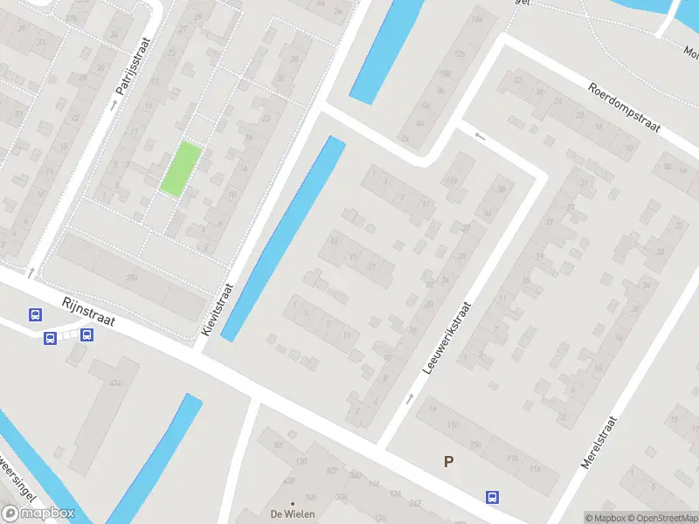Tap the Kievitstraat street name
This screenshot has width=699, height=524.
(218, 310)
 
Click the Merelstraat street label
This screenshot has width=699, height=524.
(599, 444)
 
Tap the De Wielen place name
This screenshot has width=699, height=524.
(292, 514)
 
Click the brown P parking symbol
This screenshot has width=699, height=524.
(448, 462)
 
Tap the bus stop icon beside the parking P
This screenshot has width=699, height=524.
(493, 497)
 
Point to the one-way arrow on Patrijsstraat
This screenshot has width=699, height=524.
(113, 105)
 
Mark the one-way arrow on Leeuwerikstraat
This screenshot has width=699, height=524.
(410, 399)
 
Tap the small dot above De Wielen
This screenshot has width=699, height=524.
(292, 504)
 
